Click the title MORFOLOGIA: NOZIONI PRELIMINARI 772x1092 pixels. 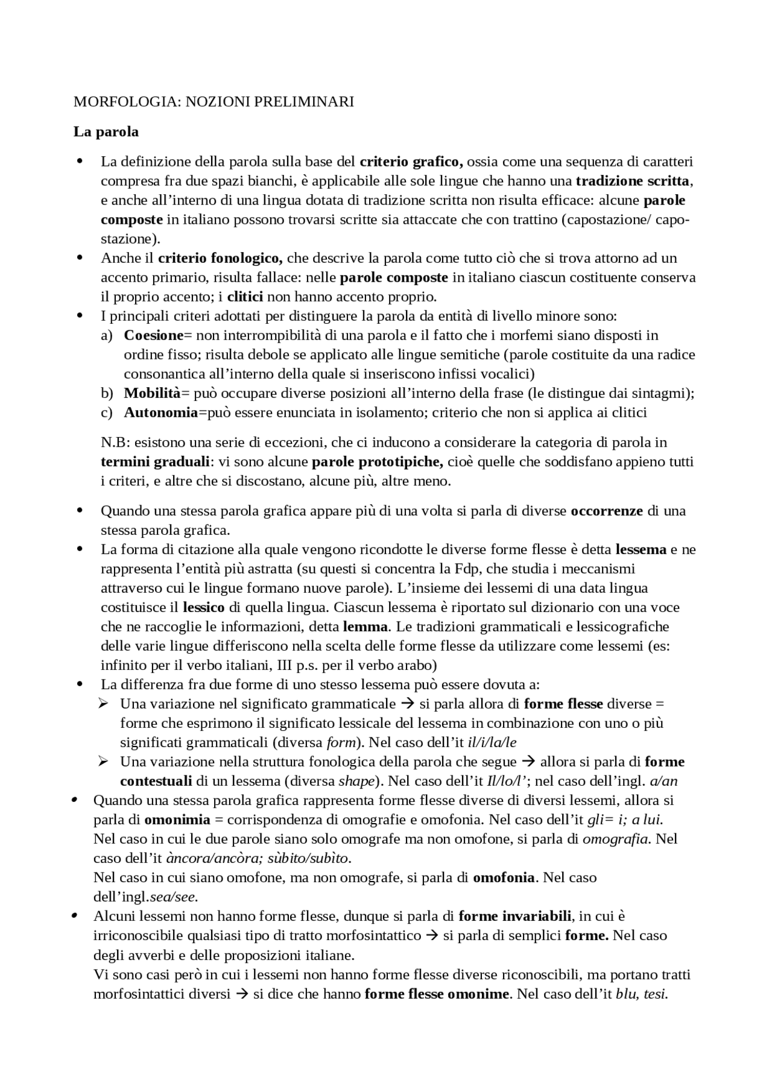click(214, 102)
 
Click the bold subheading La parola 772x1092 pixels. click(106, 131)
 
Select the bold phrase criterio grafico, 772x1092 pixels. click(411, 162)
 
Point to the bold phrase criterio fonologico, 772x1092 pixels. click(220, 259)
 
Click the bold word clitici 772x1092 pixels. click(245, 297)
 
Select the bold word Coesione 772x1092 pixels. click(153, 335)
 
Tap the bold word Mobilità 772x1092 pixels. click(152, 394)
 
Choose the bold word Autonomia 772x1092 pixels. click(160, 413)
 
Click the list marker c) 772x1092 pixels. click(107, 413)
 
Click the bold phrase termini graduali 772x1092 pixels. click(154, 462)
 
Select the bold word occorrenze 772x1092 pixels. click(607, 511)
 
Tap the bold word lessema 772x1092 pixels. click(641, 550)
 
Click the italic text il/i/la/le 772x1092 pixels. click(492, 743)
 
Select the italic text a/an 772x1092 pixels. click(663, 781)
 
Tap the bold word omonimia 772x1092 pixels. click(177, 820)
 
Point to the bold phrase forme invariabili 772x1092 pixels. click(514, 917)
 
